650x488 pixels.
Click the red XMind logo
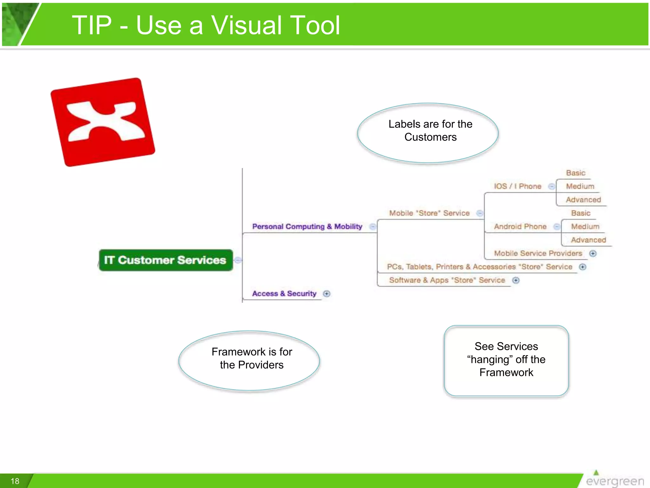click(x=103, y=122)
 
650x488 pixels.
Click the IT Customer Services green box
click(x=166, y=260)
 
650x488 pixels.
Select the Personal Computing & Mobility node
click(x=307, y=227)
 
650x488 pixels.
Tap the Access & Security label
click(x=284, y=294)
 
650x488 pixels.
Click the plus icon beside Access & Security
click(x=327, y=294)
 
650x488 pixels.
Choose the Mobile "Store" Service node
click(x=429, y=213)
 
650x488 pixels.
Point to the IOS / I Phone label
click(x=517, y=186)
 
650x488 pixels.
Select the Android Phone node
click(x=520, y=227)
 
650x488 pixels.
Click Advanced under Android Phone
click(x=588, y=240)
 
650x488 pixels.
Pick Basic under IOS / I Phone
click(x=575, y=173)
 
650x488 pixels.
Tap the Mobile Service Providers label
click(x=538, y=253)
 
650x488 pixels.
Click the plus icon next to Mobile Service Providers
click(x=593, y=254)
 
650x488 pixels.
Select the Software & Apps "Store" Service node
click(x=447, y=280)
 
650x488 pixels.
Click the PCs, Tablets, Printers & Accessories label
click(x=479, y=267)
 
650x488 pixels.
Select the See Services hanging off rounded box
click(x=506, y=361)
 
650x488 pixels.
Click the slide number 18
click(x=15, y=481)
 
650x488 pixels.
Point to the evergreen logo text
click(x=615, y=481)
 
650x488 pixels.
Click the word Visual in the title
click(x=247, y=25)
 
